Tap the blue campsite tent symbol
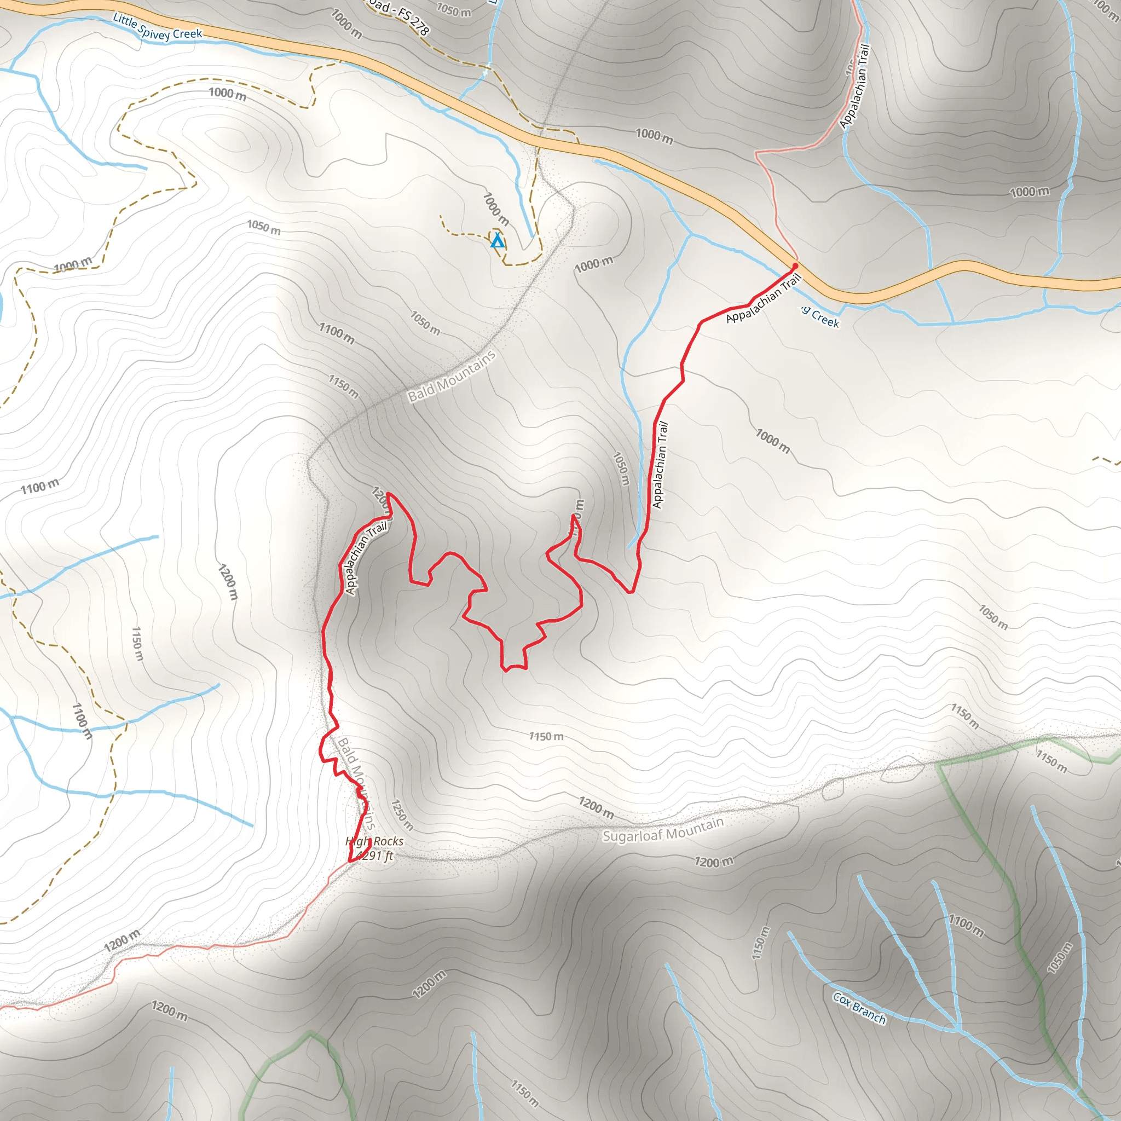click(497, 240)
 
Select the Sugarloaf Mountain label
click(663, 829)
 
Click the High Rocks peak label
click(374, 841)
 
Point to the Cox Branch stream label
click(859, 1008)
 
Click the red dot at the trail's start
click(795, 265)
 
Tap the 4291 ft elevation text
click(375, 856)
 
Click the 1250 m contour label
click(402, 814)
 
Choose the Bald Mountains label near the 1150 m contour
click(452, 376)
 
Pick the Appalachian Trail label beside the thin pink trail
click(856, 86)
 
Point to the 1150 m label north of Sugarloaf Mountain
click(546, 736)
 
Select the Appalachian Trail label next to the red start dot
click(764, 298)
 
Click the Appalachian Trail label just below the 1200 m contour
click(366, 558)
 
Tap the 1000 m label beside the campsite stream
click(496, 209)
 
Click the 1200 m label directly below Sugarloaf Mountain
click(714, 862)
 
